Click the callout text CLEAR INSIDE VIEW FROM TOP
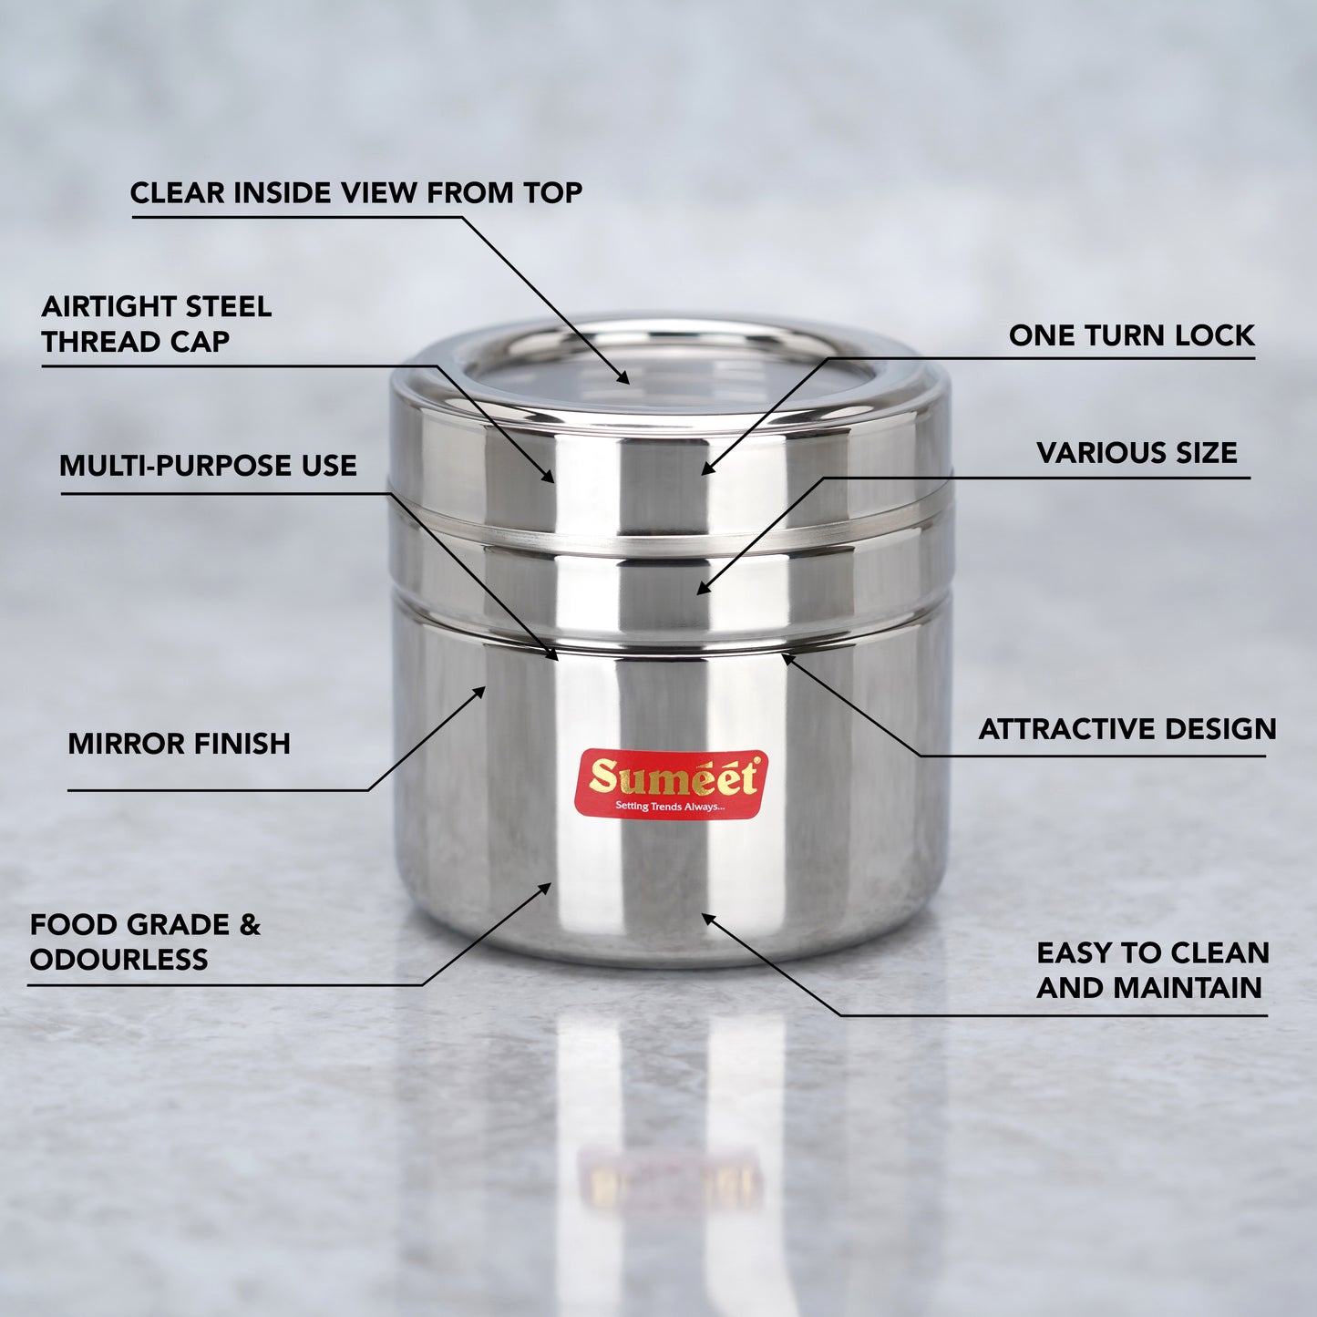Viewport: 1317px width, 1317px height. pos(356,192)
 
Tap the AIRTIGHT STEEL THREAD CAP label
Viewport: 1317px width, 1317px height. pos(157,324)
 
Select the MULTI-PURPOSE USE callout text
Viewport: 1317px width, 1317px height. pos(208,466)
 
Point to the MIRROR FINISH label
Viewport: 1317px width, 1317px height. pos(179,744)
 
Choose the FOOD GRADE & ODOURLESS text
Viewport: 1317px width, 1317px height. pos(145,941)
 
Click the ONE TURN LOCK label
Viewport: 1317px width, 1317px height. pos(1132,335)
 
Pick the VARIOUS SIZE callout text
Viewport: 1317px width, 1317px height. pos(1137,453)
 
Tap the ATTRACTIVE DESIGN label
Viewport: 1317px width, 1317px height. pos(1127,729)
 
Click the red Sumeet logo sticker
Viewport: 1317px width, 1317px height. pos(671,785)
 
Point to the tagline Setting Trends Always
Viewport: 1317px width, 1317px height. pos(670,807)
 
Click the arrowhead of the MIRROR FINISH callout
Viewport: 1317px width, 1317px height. pos(479,693)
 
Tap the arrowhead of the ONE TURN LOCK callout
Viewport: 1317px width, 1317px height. pos(706,468)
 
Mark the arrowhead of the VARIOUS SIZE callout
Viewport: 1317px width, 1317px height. pos(703,589)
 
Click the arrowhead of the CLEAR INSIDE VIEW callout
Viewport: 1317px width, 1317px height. pos(623,378)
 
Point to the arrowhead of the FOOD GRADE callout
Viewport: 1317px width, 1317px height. pos(545,888)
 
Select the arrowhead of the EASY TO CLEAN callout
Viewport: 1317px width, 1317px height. pos(708,918)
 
